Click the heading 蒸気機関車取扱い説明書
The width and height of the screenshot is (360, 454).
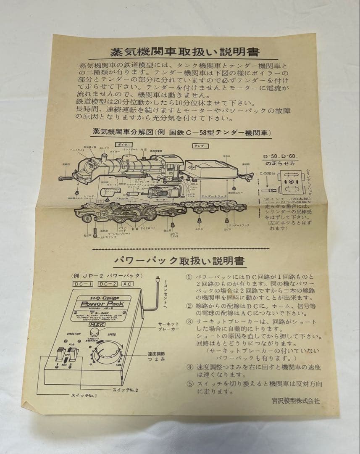click(185, 53)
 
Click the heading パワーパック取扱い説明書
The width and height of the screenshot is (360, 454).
click(179, 261)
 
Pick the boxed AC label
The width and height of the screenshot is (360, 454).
click(128, 285)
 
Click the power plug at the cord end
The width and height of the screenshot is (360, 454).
click(157, 280)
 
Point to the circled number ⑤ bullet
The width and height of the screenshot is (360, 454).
click(189, 383)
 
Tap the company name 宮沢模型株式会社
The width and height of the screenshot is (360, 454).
click(295, 401)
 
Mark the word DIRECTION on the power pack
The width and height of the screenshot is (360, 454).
click(74, 333)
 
